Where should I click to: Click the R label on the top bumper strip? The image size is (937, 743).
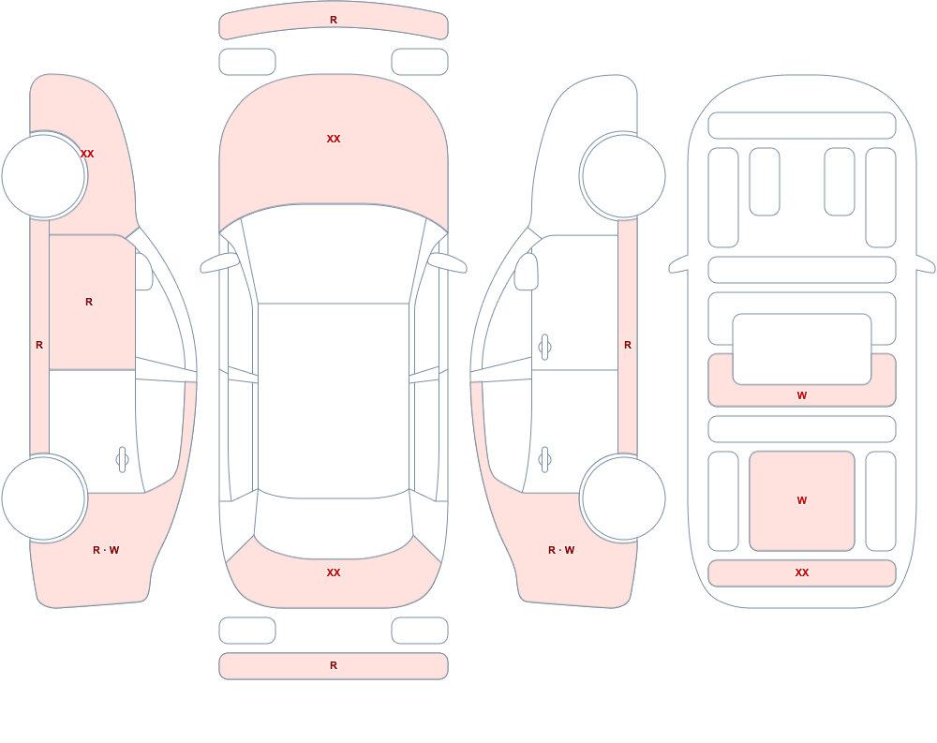(334, 20)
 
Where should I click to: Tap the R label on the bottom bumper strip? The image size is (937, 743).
(334, 665)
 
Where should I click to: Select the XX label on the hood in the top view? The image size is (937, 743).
(334, 139)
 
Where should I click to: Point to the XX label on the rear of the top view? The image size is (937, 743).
(334, 572)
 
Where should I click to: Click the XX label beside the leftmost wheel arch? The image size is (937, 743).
(87, 154)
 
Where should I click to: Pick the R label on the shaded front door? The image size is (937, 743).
(89, 302)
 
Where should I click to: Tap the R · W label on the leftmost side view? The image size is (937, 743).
(106, 550)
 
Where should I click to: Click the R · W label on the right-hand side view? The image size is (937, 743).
(561, 550)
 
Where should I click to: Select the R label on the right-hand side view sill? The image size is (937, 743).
(628, 345)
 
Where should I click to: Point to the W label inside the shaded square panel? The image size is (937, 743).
(802, 500)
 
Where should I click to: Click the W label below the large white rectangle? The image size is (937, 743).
(802, 395)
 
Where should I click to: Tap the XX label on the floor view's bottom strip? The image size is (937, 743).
(802, 572)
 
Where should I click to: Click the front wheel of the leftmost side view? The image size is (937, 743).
(44, 176)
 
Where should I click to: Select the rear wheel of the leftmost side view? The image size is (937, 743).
(44, 498)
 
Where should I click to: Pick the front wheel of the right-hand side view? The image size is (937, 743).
(623, 176)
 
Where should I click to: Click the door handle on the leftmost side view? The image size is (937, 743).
(122, 460)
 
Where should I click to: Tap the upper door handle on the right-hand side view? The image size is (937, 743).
(544, 348)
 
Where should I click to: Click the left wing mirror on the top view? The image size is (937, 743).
(219, 262)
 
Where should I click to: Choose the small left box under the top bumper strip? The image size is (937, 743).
(247, 62)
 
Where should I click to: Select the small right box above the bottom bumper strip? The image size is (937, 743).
(420, 631)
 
